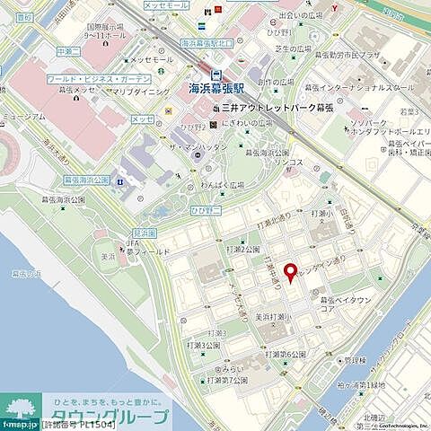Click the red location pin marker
point(289,273)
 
